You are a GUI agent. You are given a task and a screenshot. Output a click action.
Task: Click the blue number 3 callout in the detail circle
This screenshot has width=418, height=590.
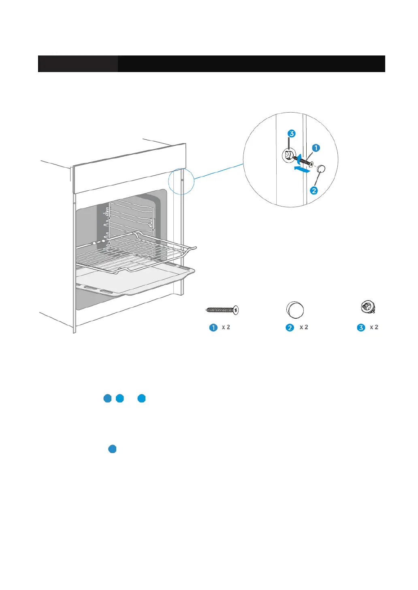pyautogui.click(x=291, y=134)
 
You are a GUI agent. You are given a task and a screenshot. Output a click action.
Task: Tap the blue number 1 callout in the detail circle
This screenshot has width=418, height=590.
pyautogui.click(x=316, y=148)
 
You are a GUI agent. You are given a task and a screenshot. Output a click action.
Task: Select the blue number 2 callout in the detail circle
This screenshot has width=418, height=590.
pyautogui.click(x=314, y=190)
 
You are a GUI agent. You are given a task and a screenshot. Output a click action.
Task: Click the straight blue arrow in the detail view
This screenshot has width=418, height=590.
pyautogui.click(x=303, y=169)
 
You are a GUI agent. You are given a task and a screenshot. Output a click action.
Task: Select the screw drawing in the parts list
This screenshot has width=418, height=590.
pyautogui.click(x=222, y=311)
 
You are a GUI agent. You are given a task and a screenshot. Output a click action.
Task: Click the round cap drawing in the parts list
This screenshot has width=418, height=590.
pyautogui.click(x=295, y=311)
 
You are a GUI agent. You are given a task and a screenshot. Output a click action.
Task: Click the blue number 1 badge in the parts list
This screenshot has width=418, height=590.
pyautogui.click(x=213, y=328)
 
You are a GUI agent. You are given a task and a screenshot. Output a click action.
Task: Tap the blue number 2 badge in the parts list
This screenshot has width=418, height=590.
pyautogui.click(x=290, y=328)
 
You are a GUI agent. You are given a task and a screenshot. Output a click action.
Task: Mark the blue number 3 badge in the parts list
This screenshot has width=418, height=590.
pyautogui.click(x=361, y=328)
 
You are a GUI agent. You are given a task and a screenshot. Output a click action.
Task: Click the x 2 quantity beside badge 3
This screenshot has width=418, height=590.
pyautogui.click(x=374, y=327)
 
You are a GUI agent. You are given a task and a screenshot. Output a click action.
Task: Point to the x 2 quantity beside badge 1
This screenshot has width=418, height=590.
pyautogui.click(x=226, y=327)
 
